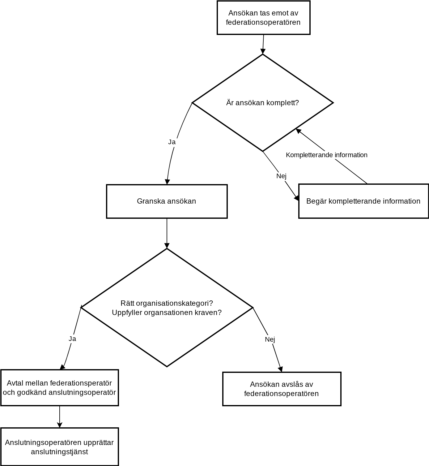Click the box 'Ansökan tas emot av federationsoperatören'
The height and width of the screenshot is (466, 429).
point(263,18)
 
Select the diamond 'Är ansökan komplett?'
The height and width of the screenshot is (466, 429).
point(263,103)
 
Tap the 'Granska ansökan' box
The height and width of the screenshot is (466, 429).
point(167,201)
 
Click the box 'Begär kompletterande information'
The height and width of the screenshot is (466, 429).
point(363,201)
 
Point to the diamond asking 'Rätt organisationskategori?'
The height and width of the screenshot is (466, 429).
point(167,308)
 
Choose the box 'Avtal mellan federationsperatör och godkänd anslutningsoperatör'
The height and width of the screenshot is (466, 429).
point(60,388)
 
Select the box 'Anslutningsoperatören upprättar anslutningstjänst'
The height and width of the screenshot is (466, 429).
point(60,447)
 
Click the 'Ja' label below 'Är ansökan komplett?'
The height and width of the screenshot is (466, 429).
point(172,142)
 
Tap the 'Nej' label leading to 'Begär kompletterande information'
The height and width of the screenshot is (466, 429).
point(281,176)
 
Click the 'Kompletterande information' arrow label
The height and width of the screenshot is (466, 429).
point(327,155)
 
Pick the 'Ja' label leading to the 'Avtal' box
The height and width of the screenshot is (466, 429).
point(72,339)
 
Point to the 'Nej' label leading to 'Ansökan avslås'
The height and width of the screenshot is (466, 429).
point(270,339)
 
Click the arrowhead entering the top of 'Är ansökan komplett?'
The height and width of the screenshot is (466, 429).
point(263,52)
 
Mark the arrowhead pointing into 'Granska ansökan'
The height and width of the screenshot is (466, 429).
point(167,182)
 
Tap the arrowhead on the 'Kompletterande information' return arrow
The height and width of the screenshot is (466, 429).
point(298,131)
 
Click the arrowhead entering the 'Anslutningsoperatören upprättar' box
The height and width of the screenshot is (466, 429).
point(60,425)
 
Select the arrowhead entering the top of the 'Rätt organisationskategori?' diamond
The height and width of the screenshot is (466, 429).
point(167,246)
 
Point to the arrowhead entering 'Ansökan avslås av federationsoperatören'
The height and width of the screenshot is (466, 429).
point(281,369)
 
